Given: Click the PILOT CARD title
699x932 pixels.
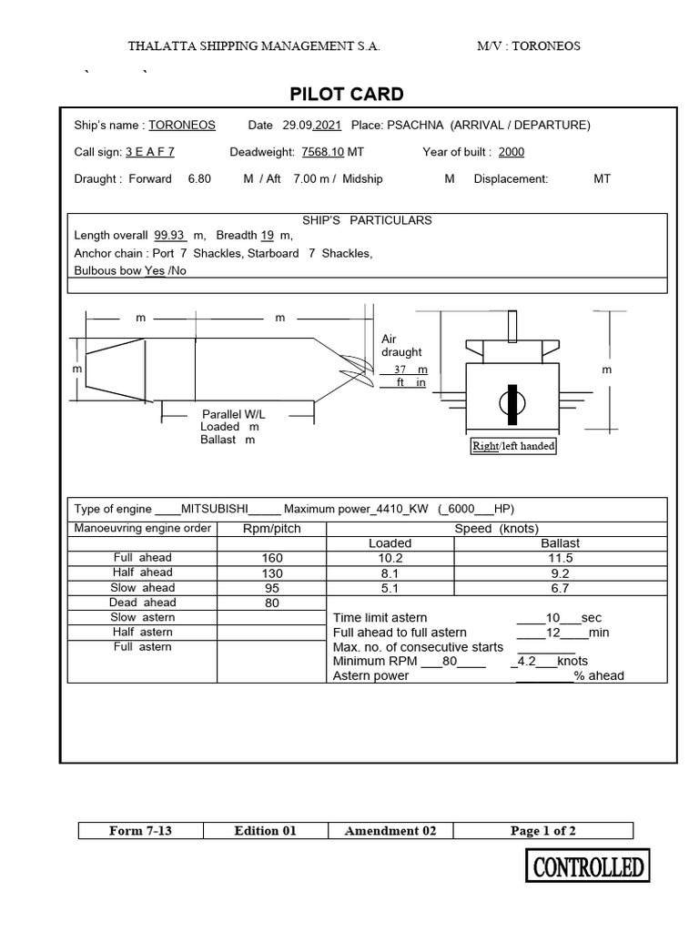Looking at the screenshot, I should tap(346, 95).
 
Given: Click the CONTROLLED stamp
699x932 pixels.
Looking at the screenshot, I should tap(588, 866).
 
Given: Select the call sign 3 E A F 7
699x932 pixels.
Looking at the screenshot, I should tap(150, 152).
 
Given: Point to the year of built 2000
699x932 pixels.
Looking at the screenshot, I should tap(511, 152).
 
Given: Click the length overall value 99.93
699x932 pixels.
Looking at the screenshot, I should tap(169, 236).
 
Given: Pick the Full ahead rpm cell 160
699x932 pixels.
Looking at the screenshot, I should tap(271, 558).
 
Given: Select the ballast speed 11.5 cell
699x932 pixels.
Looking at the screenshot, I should tap(560, 558).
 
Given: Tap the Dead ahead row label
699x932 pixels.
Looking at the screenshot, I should tap(142, 603).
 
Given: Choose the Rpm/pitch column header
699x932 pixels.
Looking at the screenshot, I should tap(271, 529).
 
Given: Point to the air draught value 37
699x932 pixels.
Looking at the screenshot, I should tap(400, 370).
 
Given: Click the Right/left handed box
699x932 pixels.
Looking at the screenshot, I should tap(513, 446).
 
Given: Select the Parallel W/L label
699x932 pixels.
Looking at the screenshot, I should tap(233, 414).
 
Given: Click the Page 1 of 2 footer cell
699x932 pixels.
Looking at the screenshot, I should tap(543, 830).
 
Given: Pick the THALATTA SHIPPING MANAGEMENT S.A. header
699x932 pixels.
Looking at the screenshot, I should tap(254, 46).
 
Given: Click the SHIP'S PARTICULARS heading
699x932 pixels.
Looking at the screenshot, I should tap(367, 220).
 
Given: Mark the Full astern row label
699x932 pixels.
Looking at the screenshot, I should tap(142, 646).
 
